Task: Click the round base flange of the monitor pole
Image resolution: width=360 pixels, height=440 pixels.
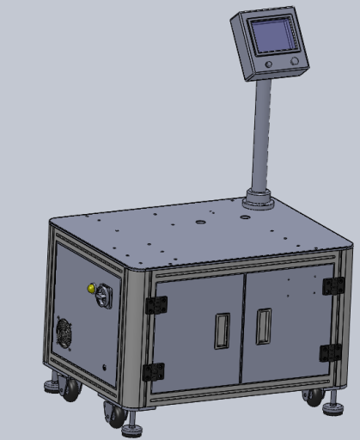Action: pos(258,201)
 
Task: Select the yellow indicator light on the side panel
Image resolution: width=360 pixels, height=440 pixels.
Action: pos(90,288)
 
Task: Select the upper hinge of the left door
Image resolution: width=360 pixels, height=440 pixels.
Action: pos(156,305)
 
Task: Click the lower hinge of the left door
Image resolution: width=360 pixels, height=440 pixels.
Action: pos(153,371)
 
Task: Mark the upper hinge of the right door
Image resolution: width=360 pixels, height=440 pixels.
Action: pos(333,285)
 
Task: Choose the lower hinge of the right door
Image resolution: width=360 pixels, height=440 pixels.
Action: pos(330,352)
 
